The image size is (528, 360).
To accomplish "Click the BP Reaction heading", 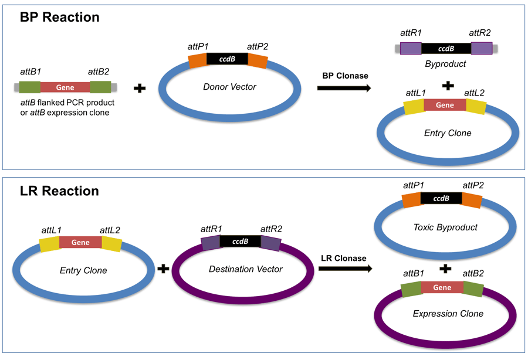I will click(x=60, y=18).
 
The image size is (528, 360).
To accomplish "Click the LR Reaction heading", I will click(x=59, y=191).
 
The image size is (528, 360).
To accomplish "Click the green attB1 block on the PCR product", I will click(x=29, y=87).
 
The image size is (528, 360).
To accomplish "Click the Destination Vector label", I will click(x=245, y=269).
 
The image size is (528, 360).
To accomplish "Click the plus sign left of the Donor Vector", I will click(x=140, y=89).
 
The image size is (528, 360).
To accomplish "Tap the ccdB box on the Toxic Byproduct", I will click(x=441, y=199).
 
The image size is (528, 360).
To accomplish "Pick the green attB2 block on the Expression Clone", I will click(x=473, y=289).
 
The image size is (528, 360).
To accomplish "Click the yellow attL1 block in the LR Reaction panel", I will click(x=49, y=243).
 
